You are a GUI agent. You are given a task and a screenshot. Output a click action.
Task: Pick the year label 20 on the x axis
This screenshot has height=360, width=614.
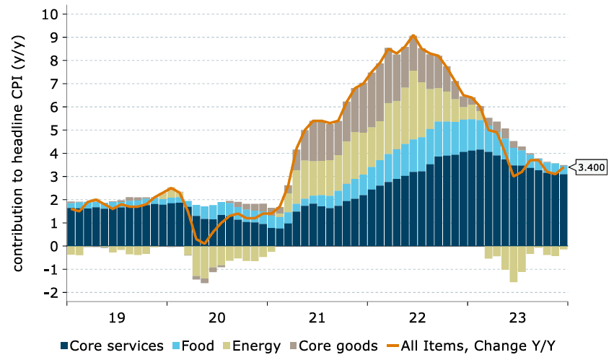pos(216,317)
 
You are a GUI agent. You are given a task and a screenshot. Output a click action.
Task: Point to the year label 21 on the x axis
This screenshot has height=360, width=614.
pos(317,317)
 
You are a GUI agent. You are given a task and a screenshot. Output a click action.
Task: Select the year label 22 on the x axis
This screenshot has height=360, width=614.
pos(417,317)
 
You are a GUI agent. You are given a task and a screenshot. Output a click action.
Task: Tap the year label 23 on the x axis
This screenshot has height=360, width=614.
pos(517,317)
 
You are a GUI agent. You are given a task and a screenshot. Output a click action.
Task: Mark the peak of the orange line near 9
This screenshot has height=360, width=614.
pos(413,35)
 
